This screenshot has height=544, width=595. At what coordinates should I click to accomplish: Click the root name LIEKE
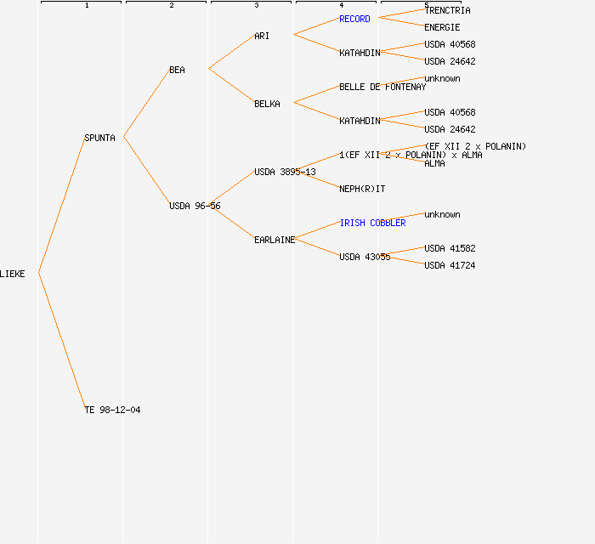click(13, 274)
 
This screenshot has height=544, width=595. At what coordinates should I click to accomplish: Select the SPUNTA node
click(99, 138)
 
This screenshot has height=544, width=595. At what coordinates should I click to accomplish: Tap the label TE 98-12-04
click(112, 410)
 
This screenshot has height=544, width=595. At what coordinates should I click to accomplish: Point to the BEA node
click(177, 70)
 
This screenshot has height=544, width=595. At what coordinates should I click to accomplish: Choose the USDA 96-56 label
click(195, 206)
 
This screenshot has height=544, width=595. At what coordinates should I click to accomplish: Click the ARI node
click(262, 36)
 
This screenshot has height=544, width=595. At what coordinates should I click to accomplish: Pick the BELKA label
click(267, 104)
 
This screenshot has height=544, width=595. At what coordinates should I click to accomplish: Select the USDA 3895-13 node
click(285, 172)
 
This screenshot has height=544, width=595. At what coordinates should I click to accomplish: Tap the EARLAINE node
click(275, 240)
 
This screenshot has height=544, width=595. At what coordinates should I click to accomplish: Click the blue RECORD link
click(354, 19)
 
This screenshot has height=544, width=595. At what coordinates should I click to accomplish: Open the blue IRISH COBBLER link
click(372, 223)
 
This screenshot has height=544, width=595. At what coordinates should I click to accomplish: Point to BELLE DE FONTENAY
click(382, 87)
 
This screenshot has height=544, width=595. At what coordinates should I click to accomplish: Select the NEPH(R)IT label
click(362, 189)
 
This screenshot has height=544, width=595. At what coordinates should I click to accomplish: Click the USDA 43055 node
click(365, 257)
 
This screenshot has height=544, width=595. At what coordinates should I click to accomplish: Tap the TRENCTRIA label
click(447, 10)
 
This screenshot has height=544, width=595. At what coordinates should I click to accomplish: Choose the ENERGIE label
click(442, 27)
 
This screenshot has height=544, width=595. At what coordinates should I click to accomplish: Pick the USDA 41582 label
click(450, 248)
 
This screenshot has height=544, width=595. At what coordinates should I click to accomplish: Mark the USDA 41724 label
click(450, 265)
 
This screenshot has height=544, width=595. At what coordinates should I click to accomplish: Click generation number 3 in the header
click(256, 6)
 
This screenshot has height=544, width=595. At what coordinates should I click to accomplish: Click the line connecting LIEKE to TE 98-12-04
click(61, 340)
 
